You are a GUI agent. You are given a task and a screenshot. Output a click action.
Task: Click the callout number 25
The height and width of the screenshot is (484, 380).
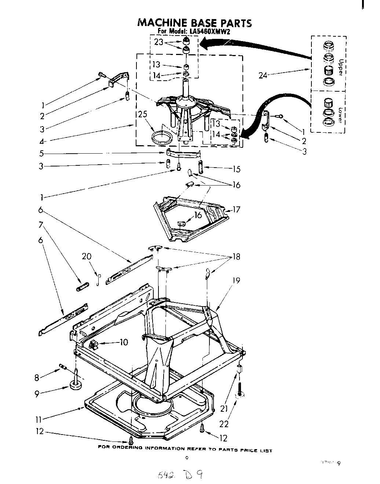[x=143, y=114]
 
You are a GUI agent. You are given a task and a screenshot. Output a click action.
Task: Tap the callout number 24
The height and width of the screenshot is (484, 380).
[x=263, y=76]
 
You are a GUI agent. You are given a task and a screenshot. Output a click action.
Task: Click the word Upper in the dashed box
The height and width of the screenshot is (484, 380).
[x=340, y=67]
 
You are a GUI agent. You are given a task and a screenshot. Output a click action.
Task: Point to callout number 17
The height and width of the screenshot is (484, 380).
[x=237, y=210]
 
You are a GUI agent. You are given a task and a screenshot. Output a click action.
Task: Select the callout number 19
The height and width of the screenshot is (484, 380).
[x=236, y=280]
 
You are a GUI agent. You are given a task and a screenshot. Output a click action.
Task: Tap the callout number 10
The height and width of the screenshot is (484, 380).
[x=124, y=342]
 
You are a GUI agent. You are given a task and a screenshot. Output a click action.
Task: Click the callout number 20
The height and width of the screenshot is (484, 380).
[x=87, y=256]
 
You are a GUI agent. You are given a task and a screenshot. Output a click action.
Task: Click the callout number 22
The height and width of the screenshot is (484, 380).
[x=224, y=424]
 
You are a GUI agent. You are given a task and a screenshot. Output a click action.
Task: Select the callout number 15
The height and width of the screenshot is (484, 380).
[x=237, y=169]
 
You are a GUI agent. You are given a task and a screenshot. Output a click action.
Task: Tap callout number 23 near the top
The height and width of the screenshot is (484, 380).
[x=159, y=42]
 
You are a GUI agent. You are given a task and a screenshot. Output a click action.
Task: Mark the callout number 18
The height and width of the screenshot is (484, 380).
[x=236, y=257]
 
